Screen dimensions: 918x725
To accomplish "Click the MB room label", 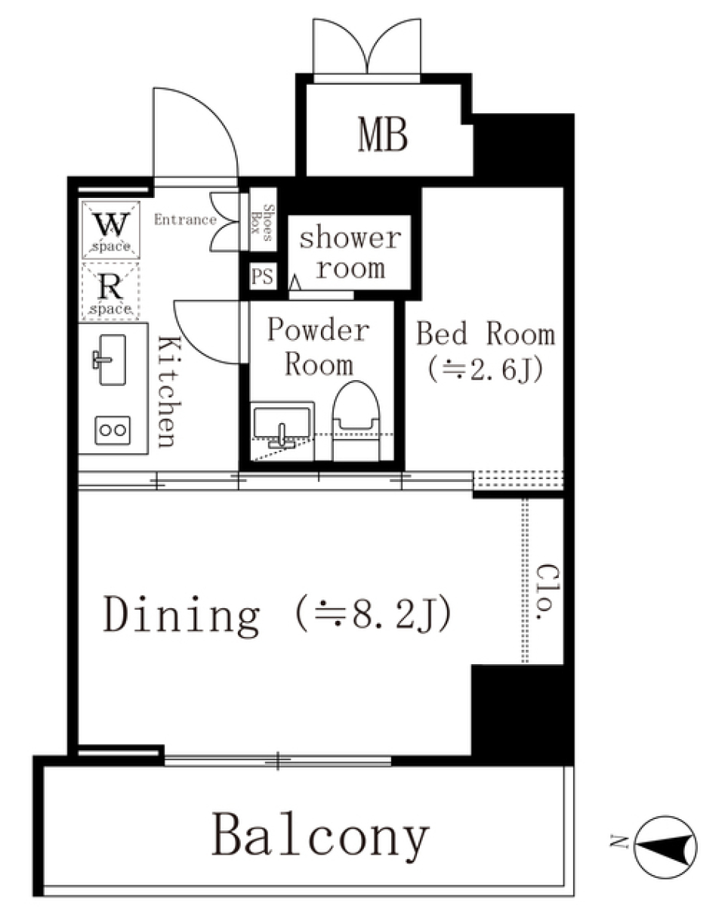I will pos(383,136).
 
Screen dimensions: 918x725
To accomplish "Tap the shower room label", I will pos(350,253).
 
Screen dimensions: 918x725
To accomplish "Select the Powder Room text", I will pos(319,348).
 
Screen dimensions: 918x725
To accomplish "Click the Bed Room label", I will pos(486,350).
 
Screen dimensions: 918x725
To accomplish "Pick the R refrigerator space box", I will pos(110,290).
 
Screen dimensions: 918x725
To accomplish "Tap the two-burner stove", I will pos(112,430).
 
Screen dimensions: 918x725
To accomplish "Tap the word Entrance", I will pos(185,221).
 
